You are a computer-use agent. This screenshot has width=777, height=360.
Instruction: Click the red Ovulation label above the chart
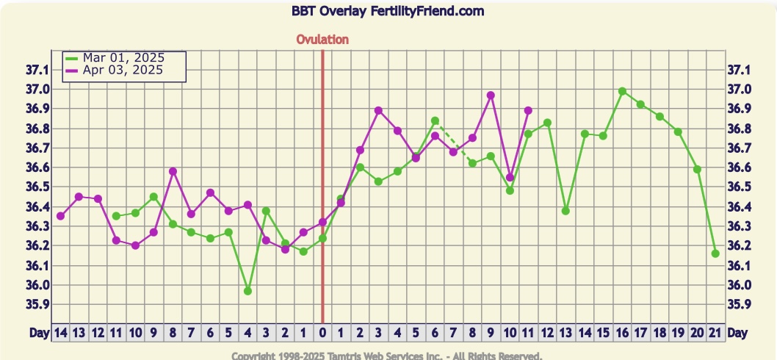(x=322, y=40)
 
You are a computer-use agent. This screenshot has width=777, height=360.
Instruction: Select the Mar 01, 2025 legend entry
(x=123, y=57)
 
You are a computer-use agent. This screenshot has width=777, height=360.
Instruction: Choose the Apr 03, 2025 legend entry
(x=122, y=70)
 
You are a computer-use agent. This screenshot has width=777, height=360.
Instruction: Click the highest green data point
(x=622, y=91)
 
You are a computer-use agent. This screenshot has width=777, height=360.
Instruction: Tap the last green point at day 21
(x=715, y=253)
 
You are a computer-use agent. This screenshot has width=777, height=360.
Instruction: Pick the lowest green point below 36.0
(x=247, y=291)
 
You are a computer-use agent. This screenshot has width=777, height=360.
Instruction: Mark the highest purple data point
(x=491, y=96)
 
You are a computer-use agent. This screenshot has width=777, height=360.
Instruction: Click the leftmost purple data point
(x=60, y=216)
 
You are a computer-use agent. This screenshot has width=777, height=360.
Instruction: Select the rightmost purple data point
(x=528, y=110)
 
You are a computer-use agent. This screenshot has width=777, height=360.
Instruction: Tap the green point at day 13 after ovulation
(x=565, y=211)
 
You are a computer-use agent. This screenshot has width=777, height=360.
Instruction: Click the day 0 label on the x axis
(x=322, y=333)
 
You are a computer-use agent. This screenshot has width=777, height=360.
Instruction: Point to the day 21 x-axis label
(x=715, y=333)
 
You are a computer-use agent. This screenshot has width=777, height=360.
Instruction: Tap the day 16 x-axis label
(x=622, y=333)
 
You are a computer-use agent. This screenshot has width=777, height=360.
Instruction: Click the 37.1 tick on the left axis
(x=37, y=70)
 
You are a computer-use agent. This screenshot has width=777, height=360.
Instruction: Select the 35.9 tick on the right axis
(x=738, y=304)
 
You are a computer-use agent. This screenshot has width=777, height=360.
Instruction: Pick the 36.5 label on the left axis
(x=37, y=187)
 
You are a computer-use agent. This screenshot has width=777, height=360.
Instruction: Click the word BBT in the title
(x=303, y=12)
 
